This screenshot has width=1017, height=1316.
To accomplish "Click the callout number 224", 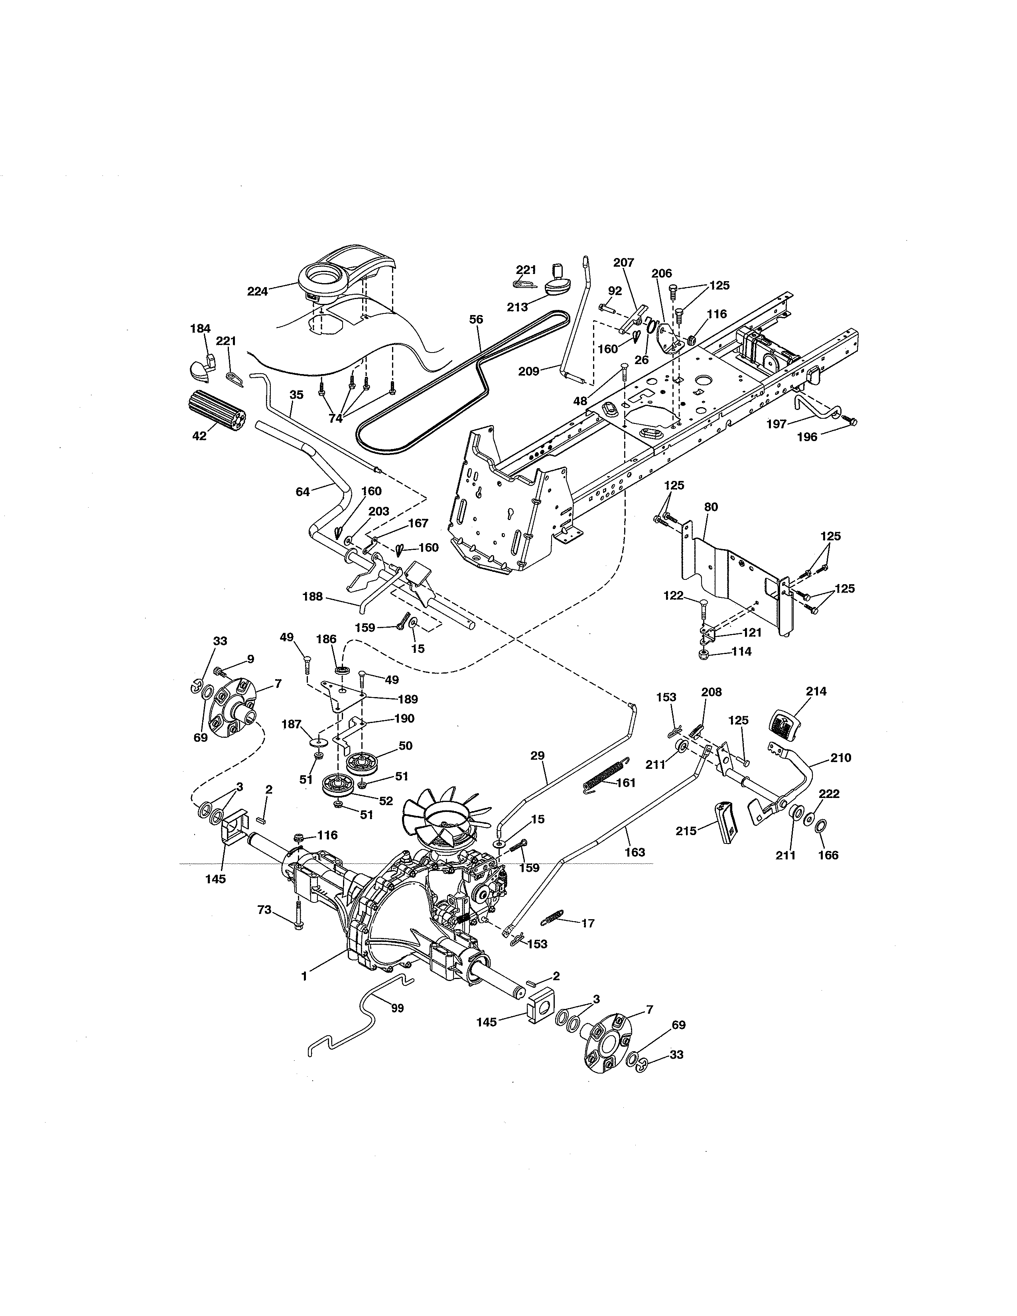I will [x=257, y=292].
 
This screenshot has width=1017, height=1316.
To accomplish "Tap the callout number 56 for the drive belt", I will [x=476, y=320].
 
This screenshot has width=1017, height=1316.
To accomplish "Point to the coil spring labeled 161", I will [x=604, y=776].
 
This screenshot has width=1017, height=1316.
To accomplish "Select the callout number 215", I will [x=686, y=831].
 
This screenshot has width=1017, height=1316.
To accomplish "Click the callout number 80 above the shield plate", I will [x=711, y=507].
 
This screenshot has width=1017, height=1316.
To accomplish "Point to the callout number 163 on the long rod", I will [x=635, y=852].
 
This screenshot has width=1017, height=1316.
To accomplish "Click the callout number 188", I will [x=313, y=597].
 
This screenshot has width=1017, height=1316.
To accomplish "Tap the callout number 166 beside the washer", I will [x=828, y=855].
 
